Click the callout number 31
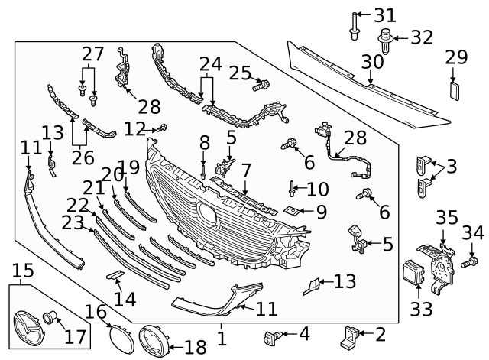click(x=385, y=15)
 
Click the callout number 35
click(x=446, y=217)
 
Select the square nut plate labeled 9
click(x=290, y=210)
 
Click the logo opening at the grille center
click(x=207, y=212)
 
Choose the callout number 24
click(x=210, y=63)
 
